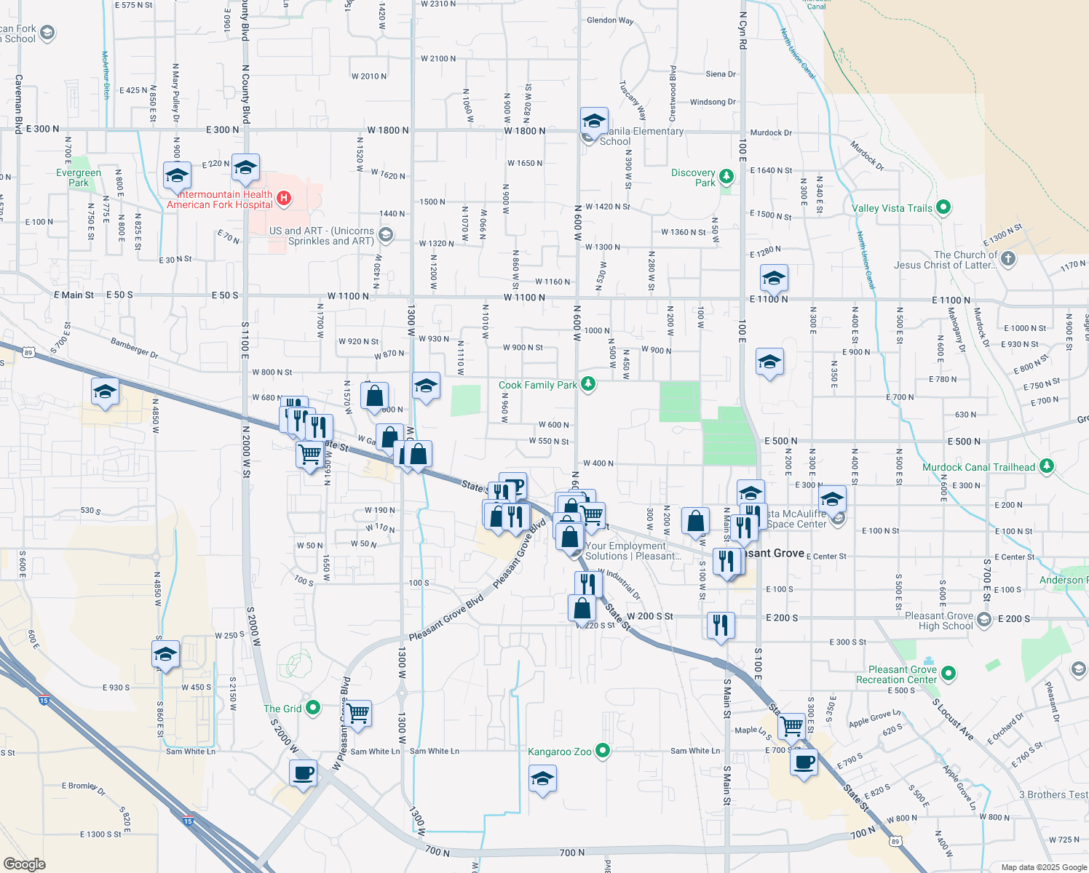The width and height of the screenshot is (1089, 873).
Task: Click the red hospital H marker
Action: pyautogui.click(x=285, y=198)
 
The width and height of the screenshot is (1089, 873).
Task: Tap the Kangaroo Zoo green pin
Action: pyautogui.click(x=602, y=751)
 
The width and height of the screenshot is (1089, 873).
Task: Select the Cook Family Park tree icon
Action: pyautogui.click(x=588, y=384)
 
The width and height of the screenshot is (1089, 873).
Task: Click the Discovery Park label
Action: pyautogui.click(x=694, y=178)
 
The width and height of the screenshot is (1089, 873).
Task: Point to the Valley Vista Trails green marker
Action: pyautogui.click(x=943, y=208)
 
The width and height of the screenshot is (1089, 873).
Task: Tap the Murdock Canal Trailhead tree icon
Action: pyautogui.click(x=1047, y=466)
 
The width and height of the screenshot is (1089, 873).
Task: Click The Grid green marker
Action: pyautogui.click(x=313, y=707)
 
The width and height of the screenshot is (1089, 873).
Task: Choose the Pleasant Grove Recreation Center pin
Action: pyautogui.click(x=949, y=674)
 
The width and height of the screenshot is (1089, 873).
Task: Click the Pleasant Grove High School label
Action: pyautogui.click(x=939, y=621)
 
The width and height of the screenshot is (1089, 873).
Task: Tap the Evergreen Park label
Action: pyautogui.click(x=79, y=178)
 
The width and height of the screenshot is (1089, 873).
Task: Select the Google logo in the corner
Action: pyautogui.click(x=24, y=864)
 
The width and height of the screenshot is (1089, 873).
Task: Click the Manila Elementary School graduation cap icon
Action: pyautogui.click(x=594, y=120)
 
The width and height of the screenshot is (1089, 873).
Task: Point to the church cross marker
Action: pyautogui.click(x=1007, y=258)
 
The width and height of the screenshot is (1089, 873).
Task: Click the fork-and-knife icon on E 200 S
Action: pyautogui.click(x=720, y=624)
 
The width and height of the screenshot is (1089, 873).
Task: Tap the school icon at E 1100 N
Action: pyautogui.click(x=773, y=278)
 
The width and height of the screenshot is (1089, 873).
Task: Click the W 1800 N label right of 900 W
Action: pyautogui.click(x=525, y=131)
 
